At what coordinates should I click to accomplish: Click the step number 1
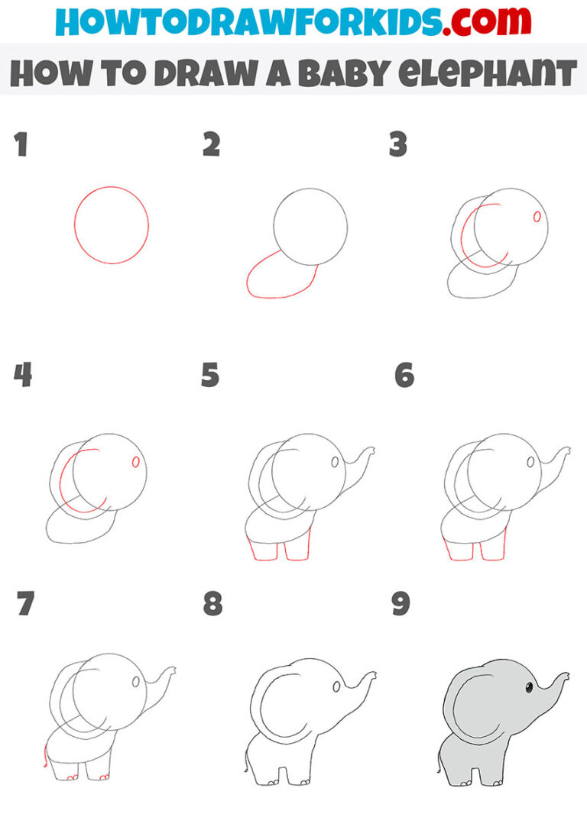(21, 144)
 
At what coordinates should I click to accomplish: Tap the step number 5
(210, 376)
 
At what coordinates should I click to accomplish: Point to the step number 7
(25, 604)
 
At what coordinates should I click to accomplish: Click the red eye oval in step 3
(537, 218)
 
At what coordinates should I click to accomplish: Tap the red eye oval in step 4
(135, 461)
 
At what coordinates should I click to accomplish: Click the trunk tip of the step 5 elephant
(371, 451)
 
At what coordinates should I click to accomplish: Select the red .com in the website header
(477, 21)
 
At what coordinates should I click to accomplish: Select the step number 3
(397, 144)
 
